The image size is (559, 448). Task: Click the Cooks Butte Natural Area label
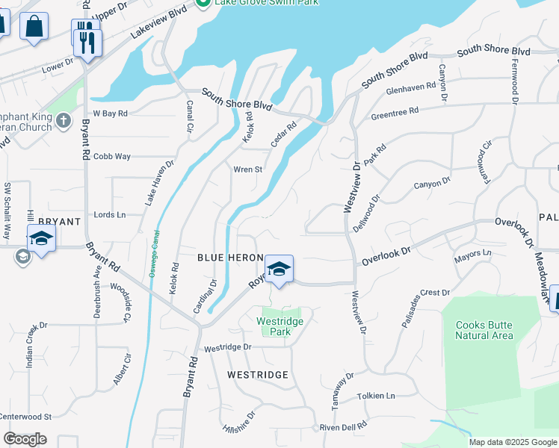pos(484,329)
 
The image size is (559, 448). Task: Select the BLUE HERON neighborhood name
pos(230,258)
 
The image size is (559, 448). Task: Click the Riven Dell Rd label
pos(343,426)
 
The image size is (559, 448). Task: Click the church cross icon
pos(63,120)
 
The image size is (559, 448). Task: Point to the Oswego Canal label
pos(155,253)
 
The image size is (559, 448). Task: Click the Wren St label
pos(247,169)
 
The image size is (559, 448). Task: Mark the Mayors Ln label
pos(473,258)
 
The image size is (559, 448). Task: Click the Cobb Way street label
pos(113,157)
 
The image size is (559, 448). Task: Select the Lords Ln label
pos(110,215)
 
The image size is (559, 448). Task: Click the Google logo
pos(25,438)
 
